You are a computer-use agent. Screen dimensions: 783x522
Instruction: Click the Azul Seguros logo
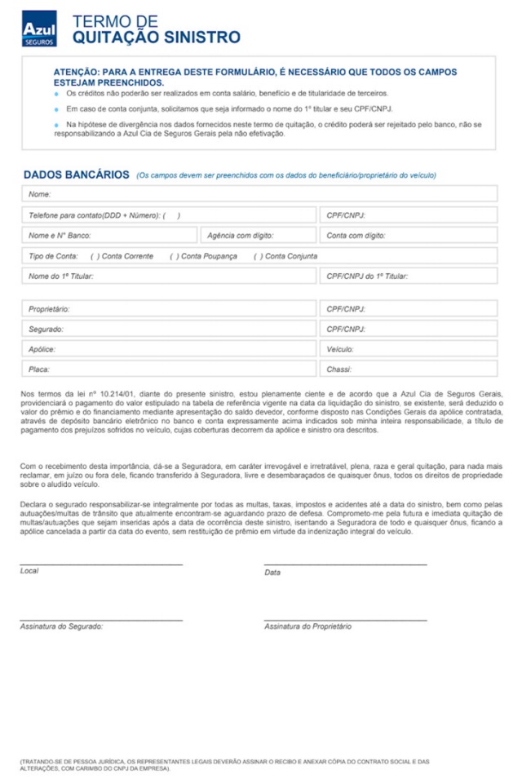tap(39, 29)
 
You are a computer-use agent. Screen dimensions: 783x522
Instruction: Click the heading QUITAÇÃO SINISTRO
tap(156, 38)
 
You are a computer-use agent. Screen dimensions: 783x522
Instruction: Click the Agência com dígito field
tap(258, 236)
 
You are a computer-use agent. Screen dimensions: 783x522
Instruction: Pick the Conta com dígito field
tap(408, 236)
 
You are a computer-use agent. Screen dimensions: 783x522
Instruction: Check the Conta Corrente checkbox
tap(95, 256)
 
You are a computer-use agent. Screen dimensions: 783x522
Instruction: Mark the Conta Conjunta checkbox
tap(258, 256)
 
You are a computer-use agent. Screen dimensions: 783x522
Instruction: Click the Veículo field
tap(408, 349)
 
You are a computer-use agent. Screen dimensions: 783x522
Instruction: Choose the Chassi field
tap(408, 369)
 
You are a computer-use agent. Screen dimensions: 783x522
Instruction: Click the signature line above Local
tap(101, 564)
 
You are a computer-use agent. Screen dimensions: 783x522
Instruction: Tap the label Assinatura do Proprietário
tap(307, 626)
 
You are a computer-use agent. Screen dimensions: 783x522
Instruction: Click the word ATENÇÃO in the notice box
tap(76, 72)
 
